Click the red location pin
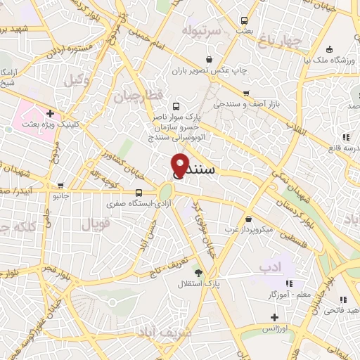[181, 163]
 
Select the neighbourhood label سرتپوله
[202, 32]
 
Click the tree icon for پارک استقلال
[199, 272]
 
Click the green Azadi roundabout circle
[166, 191]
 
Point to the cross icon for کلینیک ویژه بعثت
[50, 113]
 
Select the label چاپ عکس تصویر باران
[209, 71]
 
